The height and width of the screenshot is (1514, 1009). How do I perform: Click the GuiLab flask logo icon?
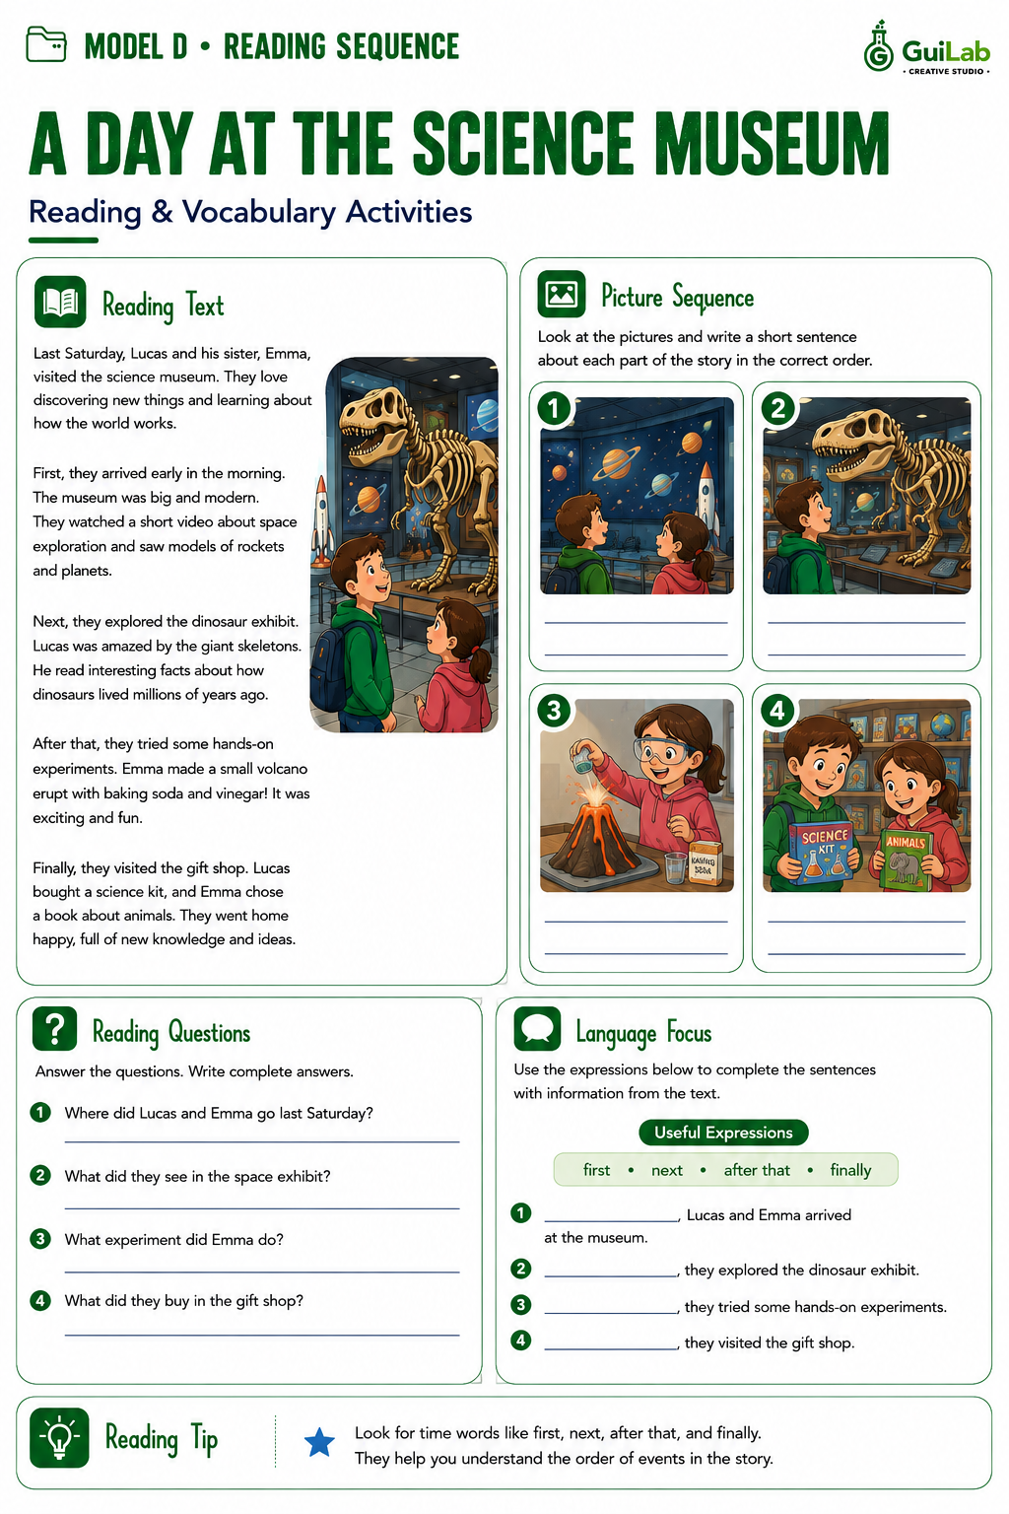[x=878, y=46]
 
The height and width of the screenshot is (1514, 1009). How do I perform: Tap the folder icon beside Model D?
[x=46, y=44]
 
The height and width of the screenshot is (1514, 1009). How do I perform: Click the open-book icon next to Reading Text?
[x=60, y=302]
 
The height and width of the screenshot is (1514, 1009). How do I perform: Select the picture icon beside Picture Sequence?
[x=562, y=294]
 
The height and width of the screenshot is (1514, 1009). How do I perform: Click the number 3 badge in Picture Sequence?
[x=554, y=711]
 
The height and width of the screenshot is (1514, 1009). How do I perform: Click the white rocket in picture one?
[x=706, y=496]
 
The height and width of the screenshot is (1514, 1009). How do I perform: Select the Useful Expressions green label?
[x=723, y=1133]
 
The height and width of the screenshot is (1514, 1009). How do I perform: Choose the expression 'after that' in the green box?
[x=756, y=1170]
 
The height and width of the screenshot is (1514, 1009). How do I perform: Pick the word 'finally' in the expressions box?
[x=850, y=1170]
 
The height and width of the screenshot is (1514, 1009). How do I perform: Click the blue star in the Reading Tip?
[x=319, y=1442]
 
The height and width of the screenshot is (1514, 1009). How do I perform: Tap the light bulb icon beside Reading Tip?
[x=59, y=1438]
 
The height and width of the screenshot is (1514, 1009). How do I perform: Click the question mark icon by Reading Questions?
[x=55, y=1028]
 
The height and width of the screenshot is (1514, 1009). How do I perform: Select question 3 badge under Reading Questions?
[x=40, y=1238]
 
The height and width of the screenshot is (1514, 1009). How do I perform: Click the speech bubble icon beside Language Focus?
[x=537, y=1028]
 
